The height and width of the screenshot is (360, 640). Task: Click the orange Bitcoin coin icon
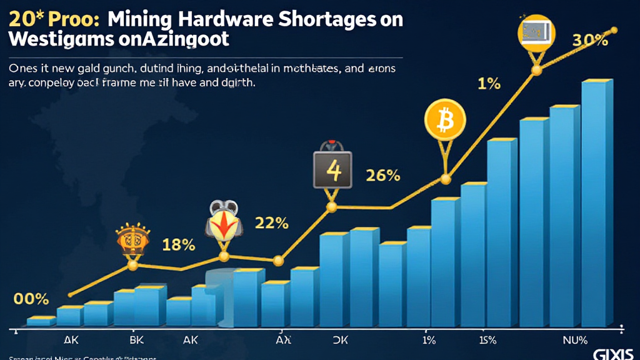(x=446, y=119)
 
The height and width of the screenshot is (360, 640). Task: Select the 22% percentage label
(x=271, y=222)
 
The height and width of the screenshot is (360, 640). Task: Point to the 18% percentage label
(x=179, y=244)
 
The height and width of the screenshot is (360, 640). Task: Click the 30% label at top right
(x=590, y=41)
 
